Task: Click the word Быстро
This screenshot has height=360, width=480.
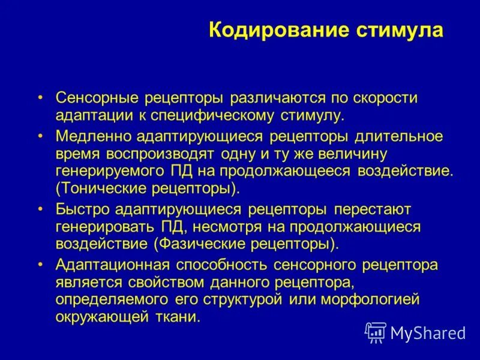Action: click(x=82, y=210)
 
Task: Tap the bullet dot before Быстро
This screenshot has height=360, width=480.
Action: click(x=41, y=209)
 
